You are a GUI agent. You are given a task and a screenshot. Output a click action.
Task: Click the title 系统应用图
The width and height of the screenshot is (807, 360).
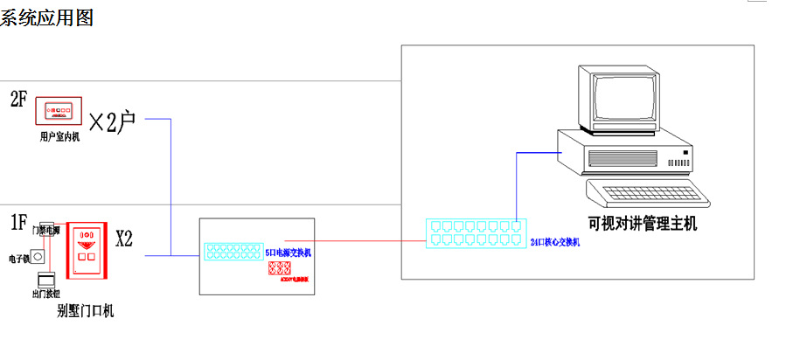tap(45, 17)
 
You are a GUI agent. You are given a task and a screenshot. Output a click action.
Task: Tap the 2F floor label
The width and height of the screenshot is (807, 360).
tap(18, 99)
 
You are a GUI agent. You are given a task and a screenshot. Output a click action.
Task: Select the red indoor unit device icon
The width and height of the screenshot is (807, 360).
tap(58, 112)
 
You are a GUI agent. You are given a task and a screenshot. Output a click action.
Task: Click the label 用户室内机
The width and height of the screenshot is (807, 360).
tap(59, 136)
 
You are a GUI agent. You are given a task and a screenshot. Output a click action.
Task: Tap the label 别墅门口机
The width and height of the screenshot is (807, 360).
tap(85, 310)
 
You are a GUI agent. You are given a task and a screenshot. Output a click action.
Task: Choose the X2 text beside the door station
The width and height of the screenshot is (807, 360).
tap(124, 239)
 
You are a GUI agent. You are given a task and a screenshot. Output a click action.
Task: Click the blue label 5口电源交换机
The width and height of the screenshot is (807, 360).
tap(289, 252)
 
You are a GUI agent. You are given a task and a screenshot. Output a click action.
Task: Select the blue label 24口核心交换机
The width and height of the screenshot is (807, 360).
tap(556, 242)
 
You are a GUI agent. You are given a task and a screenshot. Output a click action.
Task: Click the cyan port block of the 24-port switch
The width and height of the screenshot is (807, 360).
tap(473, 232)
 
